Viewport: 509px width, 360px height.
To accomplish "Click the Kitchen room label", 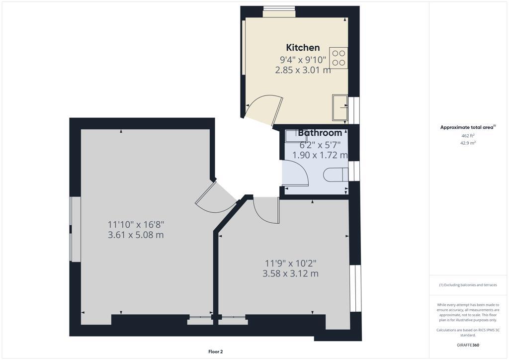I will coord(303,48).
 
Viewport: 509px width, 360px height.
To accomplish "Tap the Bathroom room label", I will coord(320,133).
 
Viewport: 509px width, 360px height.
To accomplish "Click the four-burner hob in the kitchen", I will coord(339,58).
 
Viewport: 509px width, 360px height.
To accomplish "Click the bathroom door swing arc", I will coord(297,172).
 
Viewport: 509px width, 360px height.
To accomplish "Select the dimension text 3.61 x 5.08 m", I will coord(136,235).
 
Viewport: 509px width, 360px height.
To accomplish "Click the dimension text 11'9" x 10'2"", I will coord(290,263).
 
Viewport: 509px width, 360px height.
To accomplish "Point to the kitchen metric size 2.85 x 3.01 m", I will coord(303,70).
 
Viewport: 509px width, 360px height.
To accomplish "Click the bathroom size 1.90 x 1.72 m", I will coord(320,155).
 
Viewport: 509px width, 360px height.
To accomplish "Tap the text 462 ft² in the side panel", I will coord(468,135).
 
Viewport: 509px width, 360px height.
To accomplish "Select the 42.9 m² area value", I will coord(468,143).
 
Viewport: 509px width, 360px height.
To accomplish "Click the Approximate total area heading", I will coord(467,127).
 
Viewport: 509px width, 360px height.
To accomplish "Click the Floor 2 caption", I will coord(215,352).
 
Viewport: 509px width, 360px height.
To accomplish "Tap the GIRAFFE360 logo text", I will coord(468,345).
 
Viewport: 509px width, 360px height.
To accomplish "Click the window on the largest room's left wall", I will coord(75,229).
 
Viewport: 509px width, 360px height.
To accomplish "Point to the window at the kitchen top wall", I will coord(278,11).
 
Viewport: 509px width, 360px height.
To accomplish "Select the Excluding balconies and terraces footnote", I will coord(468,285).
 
